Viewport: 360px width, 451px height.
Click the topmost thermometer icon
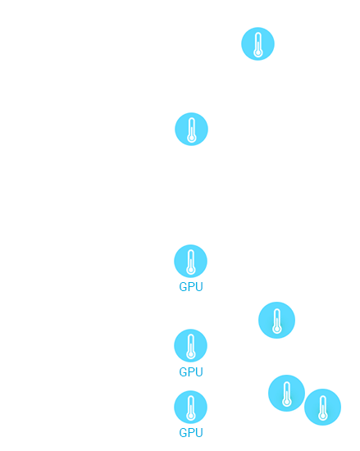click(257, 43)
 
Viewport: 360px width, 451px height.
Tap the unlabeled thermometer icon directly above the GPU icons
click(191, 129)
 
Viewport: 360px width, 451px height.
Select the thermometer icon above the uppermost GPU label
click(190, 261)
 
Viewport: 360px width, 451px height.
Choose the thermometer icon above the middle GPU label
click(190, 345)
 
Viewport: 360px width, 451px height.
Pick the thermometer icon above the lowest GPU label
click(190, 407)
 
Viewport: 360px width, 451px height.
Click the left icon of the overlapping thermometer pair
click(286, 393)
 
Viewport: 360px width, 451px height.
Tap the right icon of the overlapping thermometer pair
click(322, 407)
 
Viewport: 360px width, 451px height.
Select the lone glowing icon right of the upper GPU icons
click(276, 320)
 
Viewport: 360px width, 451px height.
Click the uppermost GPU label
click(191, 287)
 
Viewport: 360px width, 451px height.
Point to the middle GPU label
click(191, 372)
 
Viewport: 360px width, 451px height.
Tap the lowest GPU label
click(191, 433)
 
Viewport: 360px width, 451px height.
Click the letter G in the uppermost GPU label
click(183, 287)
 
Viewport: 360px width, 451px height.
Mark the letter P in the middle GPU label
click(191, 372)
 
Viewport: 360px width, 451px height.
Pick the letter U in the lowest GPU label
click(199, 433)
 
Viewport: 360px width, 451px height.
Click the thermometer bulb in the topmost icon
click(258, 53)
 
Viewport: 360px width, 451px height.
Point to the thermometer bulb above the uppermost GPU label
click(190, 271)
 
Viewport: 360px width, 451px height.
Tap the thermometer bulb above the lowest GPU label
click(190, 417)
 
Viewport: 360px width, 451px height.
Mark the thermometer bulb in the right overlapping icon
click(322, 416)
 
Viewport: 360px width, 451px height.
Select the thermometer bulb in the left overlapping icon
click(286, 402)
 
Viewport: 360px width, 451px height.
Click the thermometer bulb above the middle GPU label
click(190, 354)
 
